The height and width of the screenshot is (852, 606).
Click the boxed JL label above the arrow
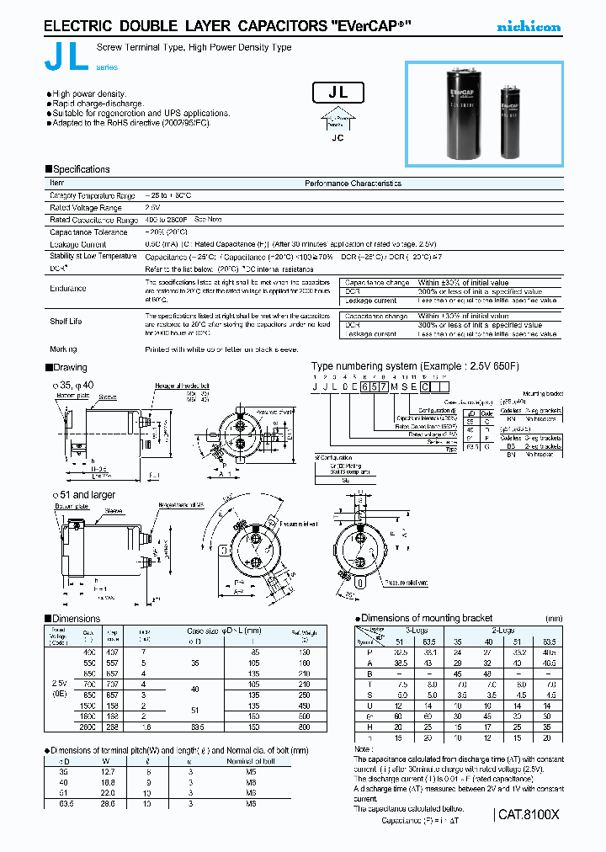pos(338,93)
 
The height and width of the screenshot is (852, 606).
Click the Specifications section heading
pos(77,169)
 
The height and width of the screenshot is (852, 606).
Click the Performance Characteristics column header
pos(353,183)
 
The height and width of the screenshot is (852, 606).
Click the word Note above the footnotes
pos(363,748)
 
